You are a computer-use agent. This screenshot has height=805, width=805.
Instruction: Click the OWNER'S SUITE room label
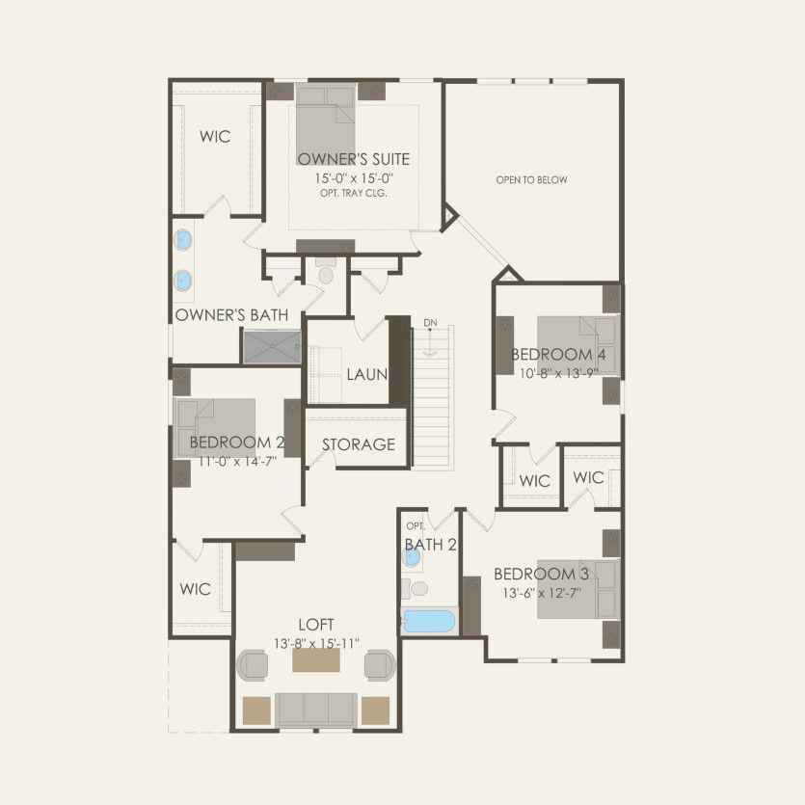click(353, 159)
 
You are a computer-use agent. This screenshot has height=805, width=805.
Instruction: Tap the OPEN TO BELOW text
click(531, 180)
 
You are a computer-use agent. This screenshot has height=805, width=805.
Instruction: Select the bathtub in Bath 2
click(428, 621)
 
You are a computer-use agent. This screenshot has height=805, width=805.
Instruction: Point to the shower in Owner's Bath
click(272, 347)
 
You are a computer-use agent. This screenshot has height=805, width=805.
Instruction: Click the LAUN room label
click(366, 374)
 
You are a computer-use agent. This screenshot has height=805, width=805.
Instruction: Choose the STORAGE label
click(359, 444)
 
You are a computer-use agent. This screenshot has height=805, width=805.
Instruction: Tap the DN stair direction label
click(430, 322)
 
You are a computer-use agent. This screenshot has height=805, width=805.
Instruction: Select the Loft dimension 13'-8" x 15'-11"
click(315, 642)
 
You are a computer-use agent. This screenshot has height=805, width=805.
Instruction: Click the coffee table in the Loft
click(316, 661)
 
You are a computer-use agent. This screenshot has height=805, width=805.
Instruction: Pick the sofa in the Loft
click(316, 710)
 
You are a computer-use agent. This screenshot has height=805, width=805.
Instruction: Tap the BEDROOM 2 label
click(237, 443)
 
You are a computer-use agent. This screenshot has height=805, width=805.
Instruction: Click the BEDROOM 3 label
click(541, 575)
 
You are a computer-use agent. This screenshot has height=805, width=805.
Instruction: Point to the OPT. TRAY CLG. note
click(353, 193)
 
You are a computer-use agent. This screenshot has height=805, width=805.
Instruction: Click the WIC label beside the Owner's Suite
click(215, 137)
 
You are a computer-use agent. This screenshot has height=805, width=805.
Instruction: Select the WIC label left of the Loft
click(195, 589)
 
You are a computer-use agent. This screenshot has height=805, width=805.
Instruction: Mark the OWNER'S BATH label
click(232, 315)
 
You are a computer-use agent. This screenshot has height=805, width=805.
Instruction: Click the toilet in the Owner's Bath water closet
click(325, 275)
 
